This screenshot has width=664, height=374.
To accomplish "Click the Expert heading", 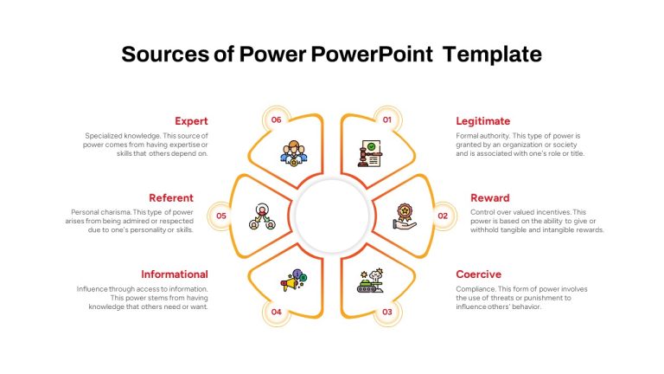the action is tap(191, 121).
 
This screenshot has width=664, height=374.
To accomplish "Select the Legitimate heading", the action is tap(482, 121).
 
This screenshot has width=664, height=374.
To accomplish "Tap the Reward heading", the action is tap(490, 198).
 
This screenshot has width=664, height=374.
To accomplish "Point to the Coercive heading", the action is tap(478, 274).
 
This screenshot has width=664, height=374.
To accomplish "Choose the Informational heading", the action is tap(175, 274).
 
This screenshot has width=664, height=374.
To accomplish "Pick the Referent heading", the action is tap(171, 198).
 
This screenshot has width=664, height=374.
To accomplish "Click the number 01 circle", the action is tap(387, 120).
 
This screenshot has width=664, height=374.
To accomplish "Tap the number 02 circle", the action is tap(443, 216).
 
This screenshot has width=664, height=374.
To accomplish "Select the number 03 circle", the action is tap(387, 312).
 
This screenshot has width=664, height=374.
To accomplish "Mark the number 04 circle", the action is tap(276, 312).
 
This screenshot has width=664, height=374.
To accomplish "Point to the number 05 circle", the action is tap(221, 216).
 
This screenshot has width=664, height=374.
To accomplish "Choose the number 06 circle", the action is tap(276, 120).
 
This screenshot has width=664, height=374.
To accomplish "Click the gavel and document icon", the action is tap(370, 153).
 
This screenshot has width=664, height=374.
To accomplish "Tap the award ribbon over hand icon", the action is tap(405, 216).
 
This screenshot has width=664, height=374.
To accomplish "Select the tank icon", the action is tap(370, 280).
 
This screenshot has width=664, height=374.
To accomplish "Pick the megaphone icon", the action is tap(293, 280).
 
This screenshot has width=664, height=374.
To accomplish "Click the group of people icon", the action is tap(293, 153).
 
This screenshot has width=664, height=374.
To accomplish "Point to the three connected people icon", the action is tap(262, 216).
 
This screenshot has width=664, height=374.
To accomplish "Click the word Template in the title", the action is tap(492, 55).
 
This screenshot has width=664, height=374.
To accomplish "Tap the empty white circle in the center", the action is tap(332, 216).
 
